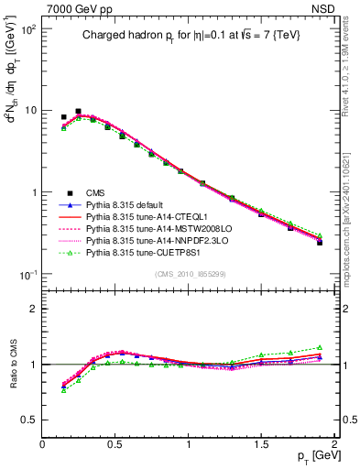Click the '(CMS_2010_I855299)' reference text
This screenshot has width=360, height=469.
189,273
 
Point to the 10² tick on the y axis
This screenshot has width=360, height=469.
27,30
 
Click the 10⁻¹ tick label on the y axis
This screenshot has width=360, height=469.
27,274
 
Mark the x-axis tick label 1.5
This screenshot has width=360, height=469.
262,443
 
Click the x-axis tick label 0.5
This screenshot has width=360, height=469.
115,443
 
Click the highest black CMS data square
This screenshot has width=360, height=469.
78,111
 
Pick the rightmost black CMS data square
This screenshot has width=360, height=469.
320,243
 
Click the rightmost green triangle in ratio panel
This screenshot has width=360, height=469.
320,347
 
